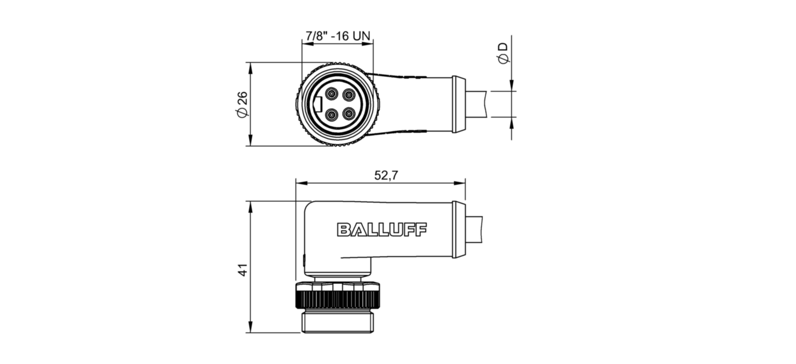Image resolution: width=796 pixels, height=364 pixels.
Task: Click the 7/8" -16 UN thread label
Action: point(338,36)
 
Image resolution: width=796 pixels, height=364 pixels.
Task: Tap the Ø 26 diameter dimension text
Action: point(242,104)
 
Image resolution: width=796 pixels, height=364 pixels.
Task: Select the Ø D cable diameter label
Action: point(503,53)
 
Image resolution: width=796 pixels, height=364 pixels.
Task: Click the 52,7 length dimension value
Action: point(386,175)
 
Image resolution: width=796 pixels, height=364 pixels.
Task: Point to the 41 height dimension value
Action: point(243,270)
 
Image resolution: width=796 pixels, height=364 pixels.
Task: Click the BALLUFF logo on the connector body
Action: point(382,230)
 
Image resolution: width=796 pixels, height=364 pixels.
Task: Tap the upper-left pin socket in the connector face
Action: point(332,94)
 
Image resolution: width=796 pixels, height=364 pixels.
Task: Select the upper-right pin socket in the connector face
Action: point(349,94)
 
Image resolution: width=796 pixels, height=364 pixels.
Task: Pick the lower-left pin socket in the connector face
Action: point(332,114)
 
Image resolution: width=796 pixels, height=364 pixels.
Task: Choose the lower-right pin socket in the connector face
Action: point(349,114)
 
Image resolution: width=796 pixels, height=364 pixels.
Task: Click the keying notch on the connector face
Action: point(318,104)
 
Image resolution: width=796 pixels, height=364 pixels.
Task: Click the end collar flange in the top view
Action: point(459,104)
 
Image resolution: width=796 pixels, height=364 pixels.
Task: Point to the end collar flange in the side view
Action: point(459,230)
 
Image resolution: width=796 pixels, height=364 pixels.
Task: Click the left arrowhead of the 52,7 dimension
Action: point(301,183)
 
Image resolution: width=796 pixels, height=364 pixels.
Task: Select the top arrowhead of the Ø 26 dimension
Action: point(250,68)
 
